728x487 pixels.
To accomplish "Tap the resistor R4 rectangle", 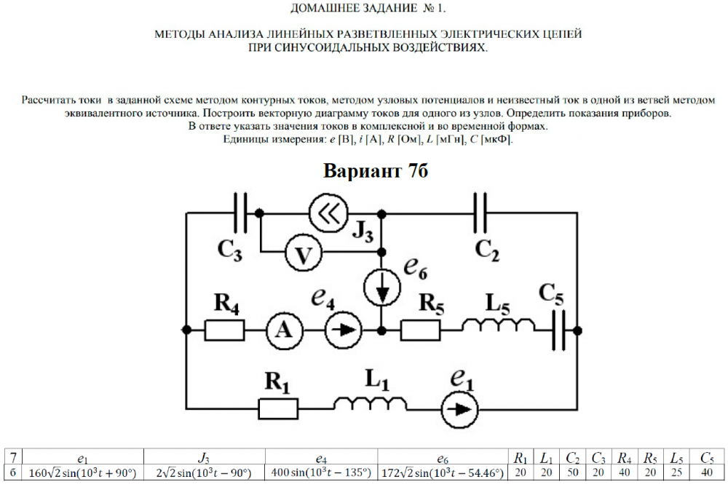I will (x=224, y=330).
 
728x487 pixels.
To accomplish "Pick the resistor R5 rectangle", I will (x=420, y=330).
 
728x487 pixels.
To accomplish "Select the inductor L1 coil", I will (x=371, y=403).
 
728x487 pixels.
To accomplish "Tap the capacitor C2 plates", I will (x=480, y=213).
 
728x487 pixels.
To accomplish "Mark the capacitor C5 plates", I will (x=559, y=330).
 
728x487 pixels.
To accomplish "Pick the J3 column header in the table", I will (x=204, y=459).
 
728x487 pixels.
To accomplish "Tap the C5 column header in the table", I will (x=707, y=459).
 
